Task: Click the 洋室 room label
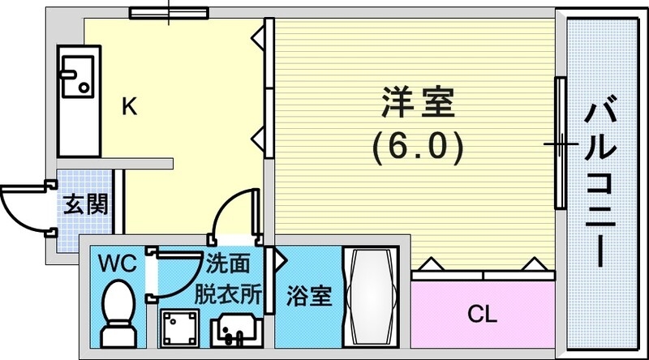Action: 418,103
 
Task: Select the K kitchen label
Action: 128,106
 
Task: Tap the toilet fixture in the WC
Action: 118,311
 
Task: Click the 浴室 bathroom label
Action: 310,298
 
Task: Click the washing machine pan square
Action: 179,328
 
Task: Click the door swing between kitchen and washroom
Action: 234,212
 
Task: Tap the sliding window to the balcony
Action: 559,143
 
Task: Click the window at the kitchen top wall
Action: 169,13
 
